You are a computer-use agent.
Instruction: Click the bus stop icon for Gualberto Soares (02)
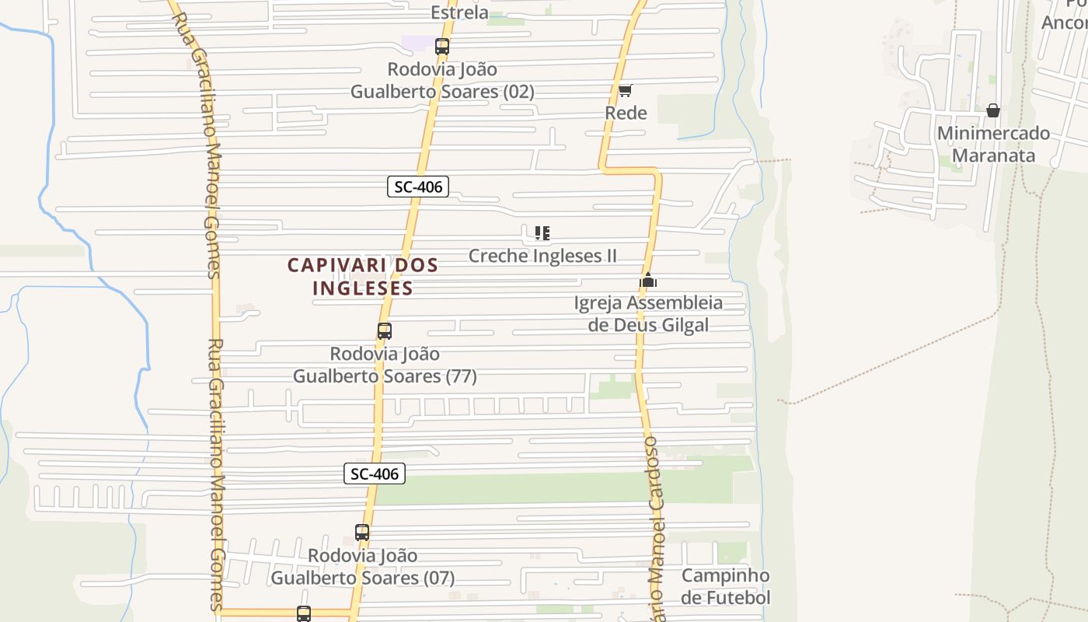click(442, 47)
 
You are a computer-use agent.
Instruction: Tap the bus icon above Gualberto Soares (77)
click(385, 331)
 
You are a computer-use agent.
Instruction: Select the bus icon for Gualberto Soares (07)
click(362, 533)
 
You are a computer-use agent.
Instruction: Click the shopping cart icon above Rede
click(626, 90)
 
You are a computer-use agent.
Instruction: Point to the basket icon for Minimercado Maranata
click(992, 110)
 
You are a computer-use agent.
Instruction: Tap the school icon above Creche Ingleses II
click(542, 232)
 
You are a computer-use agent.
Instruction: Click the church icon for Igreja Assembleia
click(648, 280)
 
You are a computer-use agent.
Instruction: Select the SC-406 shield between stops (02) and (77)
click(418, 187)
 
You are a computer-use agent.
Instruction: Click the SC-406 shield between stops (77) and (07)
click(375, 473)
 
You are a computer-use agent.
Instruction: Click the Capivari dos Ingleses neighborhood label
click(363, 276)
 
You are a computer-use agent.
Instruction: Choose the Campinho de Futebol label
click(726, 586)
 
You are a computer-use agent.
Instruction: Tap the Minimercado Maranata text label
click(993, 144)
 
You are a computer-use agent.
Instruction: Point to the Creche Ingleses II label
click(542, 256)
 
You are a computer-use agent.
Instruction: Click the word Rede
click(626, 113)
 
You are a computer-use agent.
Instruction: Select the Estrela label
click(459, 12)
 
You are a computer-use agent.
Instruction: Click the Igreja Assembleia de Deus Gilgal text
click(648, 313)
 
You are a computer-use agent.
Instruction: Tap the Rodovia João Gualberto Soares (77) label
click(385, 365)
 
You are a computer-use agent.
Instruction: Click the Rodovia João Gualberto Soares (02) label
click(442, 80)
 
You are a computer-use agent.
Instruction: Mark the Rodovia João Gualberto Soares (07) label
click(362, 567)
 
